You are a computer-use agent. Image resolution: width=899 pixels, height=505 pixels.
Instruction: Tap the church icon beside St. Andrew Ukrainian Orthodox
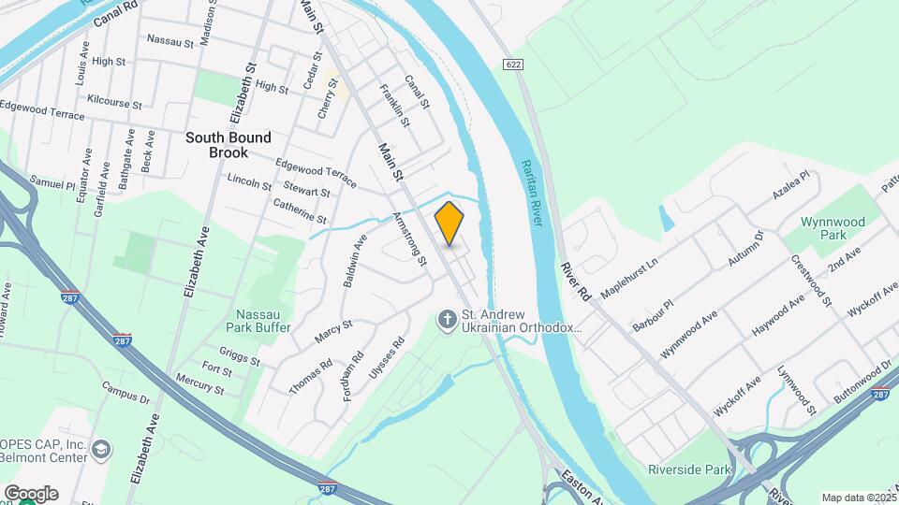pos(448,321)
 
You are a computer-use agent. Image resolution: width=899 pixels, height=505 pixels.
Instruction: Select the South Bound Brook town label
pos(228,145)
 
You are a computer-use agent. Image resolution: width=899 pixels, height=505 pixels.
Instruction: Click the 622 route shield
pos(511,65)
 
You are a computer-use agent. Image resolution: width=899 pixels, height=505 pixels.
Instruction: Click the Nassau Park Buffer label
pos(258,320)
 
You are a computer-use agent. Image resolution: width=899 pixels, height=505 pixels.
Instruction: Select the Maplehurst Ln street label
pos(629,278)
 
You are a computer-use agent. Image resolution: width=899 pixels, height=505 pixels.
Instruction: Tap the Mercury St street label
pos(199,386)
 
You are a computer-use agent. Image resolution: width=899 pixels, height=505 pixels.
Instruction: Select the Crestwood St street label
pos(812,280)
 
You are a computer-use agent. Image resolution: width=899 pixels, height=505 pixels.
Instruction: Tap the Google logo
pos(31,493)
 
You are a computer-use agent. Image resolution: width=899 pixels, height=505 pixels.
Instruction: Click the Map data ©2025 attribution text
pos(859,498)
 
